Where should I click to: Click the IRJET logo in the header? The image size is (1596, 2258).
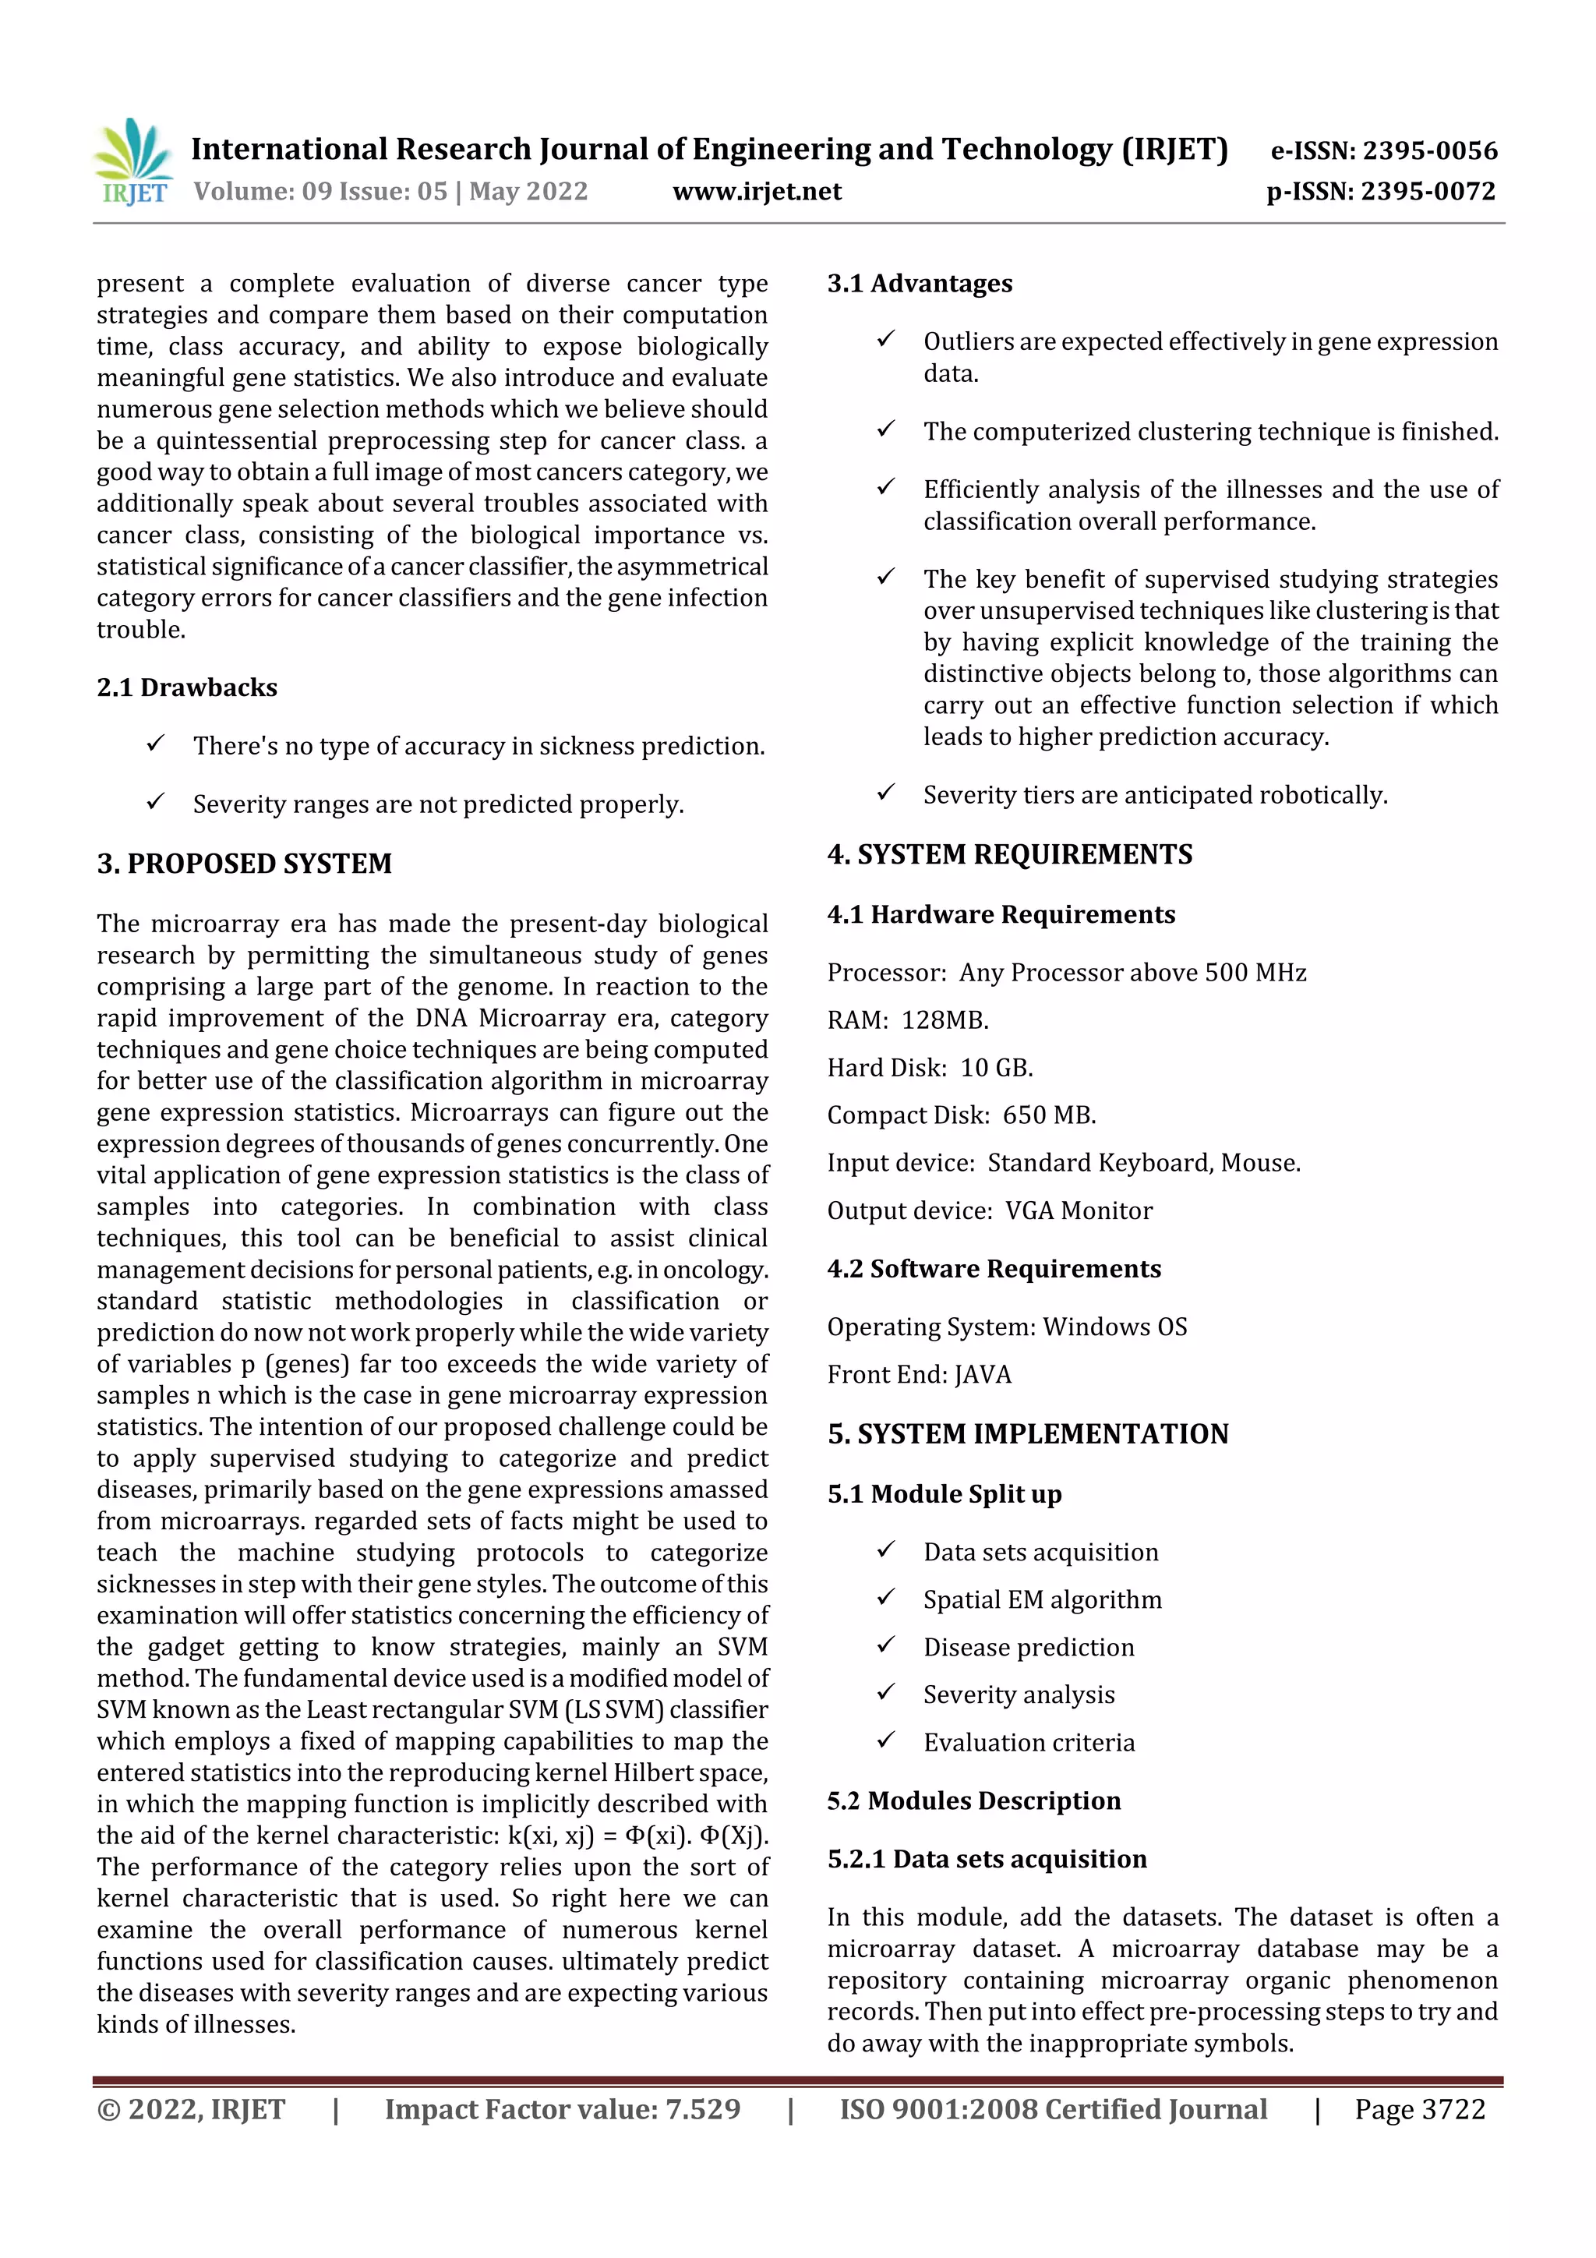134,162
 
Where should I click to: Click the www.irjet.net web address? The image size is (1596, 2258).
756,191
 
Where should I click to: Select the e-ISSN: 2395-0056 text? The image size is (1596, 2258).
1383,150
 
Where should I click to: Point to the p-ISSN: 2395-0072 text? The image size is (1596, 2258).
1381,191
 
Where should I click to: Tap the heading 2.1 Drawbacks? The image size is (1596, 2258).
187,687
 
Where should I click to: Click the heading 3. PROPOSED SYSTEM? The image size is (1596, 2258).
244,863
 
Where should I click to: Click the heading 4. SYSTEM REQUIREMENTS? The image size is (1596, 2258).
1009,853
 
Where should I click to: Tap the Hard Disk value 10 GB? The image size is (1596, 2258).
996,1067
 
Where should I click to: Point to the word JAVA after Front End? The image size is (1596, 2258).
983,1374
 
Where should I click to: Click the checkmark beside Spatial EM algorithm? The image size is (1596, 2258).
885,1597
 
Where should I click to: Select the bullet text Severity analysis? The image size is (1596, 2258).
1018,1694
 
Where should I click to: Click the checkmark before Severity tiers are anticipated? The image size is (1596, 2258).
885,792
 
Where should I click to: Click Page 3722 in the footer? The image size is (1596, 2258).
1419,2108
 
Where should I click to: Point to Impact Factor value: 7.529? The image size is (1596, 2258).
562,2108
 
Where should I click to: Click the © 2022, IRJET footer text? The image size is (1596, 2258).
191,2108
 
